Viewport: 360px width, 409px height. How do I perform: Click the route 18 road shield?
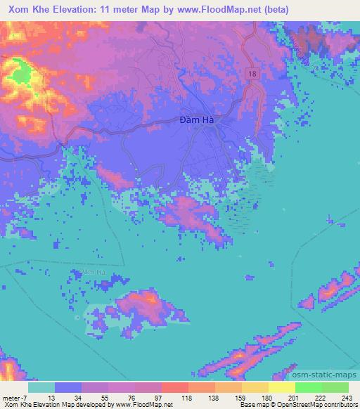(252, 73)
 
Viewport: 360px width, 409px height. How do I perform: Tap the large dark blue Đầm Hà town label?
(196, 120)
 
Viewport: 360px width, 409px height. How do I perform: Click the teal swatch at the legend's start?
(41, 387)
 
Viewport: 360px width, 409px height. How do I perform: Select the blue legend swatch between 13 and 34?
(68, 387)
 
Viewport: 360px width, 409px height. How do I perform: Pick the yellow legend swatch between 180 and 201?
(282, 387)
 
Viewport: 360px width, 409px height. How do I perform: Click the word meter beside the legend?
(10, 398)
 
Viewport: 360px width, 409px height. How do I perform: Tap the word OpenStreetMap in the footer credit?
(297, 405)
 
